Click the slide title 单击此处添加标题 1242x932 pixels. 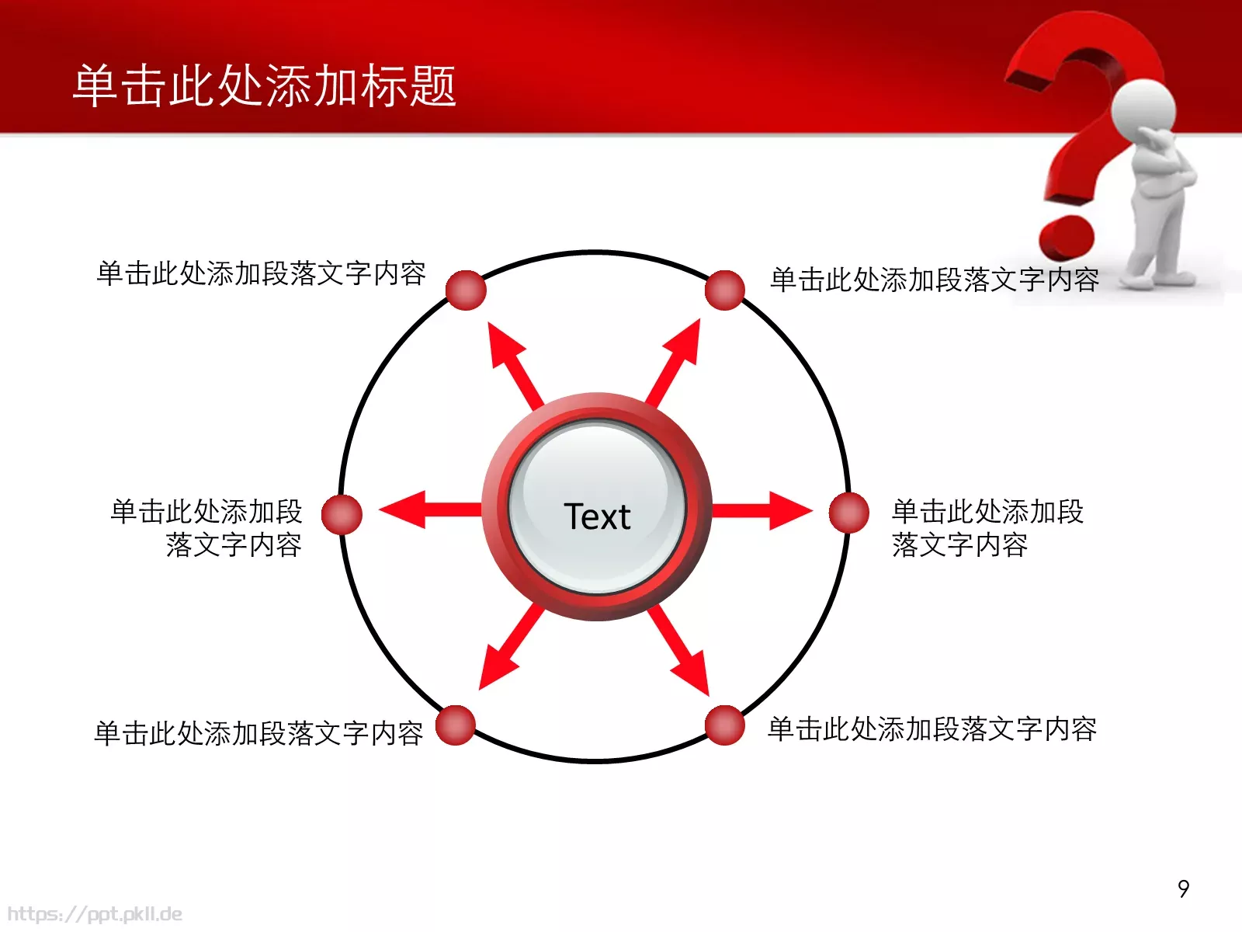pos(264,85)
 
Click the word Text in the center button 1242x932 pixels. pos(597,516)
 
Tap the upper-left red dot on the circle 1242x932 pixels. pos(466,290)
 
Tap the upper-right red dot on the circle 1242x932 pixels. pos(725,290)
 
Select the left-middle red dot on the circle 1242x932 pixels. pos(342,514)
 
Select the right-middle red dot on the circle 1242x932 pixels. pos(848,513)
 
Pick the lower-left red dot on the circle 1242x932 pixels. pos(456,725)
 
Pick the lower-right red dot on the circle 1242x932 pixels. pos(725,725)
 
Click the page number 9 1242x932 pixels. pos(1183,889)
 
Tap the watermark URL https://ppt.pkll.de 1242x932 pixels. pos(95,913)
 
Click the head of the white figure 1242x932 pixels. pos(1143,109)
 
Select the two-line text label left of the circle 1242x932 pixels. pos(206,528)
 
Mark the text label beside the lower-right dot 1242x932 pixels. pos(931,729)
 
